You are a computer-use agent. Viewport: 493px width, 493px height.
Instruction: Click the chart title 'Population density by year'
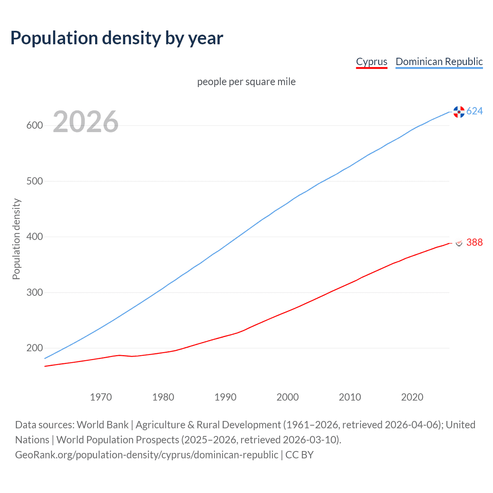[x=117, y=38]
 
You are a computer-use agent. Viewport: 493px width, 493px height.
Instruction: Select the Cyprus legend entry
[x=371, y=62]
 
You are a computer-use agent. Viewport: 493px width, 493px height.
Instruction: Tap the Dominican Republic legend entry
[x=439, y=62]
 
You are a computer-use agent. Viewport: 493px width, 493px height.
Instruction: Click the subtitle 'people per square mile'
[x=246, y=82]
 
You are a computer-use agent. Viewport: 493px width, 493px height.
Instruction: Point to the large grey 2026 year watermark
[x=86, y=122]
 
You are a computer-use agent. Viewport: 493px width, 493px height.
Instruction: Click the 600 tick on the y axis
[x=35, y=126]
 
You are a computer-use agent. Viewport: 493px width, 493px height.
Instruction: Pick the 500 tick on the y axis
[x=35, y=181]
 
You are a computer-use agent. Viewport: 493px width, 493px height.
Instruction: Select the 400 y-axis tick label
[x=35, y=237]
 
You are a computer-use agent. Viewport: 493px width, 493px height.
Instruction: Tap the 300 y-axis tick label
[x=35, y=292]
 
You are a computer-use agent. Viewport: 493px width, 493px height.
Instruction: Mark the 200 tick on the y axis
[x=35, y=348]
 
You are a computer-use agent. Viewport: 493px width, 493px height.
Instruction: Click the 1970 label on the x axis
[x=101, y=397]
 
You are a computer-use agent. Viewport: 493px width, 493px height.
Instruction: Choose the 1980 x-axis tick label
[x=163, y=397]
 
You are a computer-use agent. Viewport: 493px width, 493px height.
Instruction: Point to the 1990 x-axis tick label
[x=225, y=397]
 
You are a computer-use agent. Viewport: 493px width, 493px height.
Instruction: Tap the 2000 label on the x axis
[x=288, y=397]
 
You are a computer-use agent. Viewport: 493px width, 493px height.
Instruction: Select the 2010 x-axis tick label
[x=350, y=397]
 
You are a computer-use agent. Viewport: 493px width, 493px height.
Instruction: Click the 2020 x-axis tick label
[x=412, y=397]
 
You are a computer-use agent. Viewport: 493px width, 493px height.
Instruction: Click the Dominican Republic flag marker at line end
[x=459, y=112]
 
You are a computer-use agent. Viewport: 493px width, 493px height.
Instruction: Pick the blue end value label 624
[x=475, y=111]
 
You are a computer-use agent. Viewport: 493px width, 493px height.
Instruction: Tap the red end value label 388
[x=475, y=242]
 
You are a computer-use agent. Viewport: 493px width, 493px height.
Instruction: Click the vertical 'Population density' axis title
[x=16, y=239]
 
